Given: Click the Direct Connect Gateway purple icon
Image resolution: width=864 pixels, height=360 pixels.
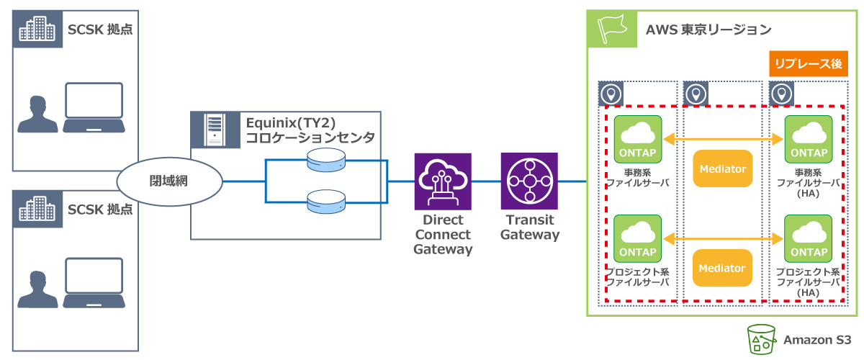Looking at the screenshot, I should (443, 181).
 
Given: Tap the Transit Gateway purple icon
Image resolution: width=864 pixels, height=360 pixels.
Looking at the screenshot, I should (529, 181).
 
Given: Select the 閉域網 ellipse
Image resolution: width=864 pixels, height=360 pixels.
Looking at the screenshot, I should (168, 181).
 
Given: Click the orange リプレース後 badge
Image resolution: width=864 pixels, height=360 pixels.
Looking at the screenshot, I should (807, 63).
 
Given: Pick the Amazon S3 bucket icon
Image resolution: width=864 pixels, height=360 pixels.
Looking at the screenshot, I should (762, 339).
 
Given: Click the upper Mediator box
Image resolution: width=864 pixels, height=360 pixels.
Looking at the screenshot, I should (722, 169).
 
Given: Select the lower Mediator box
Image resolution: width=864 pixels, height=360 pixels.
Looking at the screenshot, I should (722, 268).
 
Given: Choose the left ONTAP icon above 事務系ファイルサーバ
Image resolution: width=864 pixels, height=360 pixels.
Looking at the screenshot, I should (638, 140).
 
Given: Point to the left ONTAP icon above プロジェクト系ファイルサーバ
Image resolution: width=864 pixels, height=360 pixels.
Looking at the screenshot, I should (638, 239).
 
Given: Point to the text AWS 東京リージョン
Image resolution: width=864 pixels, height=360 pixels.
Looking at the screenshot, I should (708, 30).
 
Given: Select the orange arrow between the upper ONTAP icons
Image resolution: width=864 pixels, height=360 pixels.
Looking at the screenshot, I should (722, 140).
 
